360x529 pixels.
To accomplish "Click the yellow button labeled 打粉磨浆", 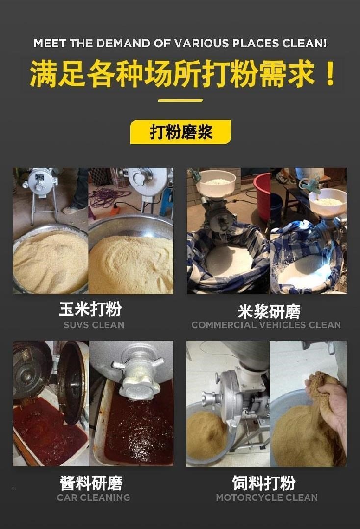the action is [x=180, y=132].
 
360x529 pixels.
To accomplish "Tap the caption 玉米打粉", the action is [x=90, y=309].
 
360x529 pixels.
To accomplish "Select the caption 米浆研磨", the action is [x=269, y=312].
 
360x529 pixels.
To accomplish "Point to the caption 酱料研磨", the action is [x=91, y=483].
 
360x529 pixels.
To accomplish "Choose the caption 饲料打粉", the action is [x=263, y=483].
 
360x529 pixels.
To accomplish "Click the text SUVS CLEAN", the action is [x=94, y=325].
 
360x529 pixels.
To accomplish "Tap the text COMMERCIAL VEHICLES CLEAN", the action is [x=266, y=325].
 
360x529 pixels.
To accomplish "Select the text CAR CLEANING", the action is [x=94, y=497].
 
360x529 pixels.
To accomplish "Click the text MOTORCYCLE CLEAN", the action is [x=267, y=497].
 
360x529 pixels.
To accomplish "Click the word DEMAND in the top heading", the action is [x=124, y=43].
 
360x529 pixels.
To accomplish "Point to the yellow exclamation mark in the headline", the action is [x=330, y=74].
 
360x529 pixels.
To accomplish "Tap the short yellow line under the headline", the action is [x=180, y=100].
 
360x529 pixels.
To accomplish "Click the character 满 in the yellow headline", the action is [x=44, y=74].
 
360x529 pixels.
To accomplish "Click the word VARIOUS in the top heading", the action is [x=202, y=43].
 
